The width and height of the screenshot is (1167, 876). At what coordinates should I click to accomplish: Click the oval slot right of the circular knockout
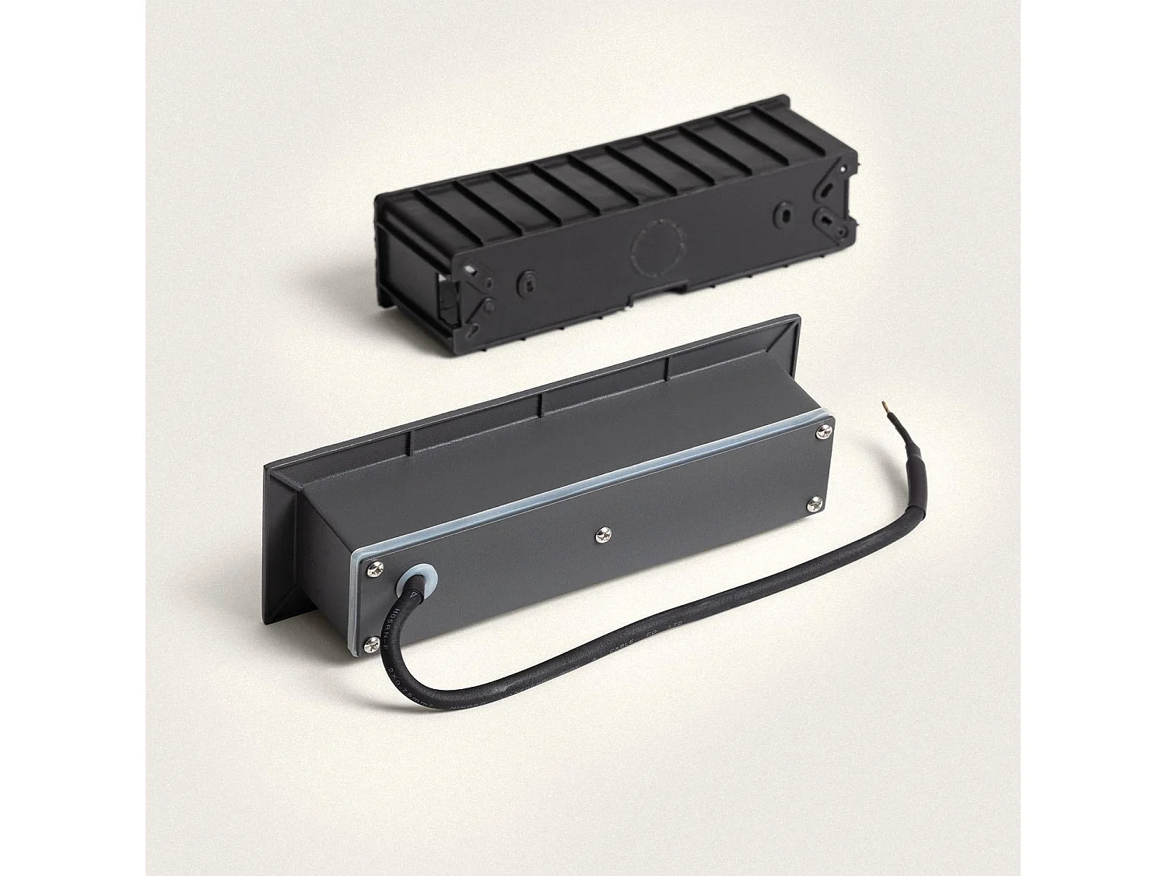(x=783, y=214)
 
